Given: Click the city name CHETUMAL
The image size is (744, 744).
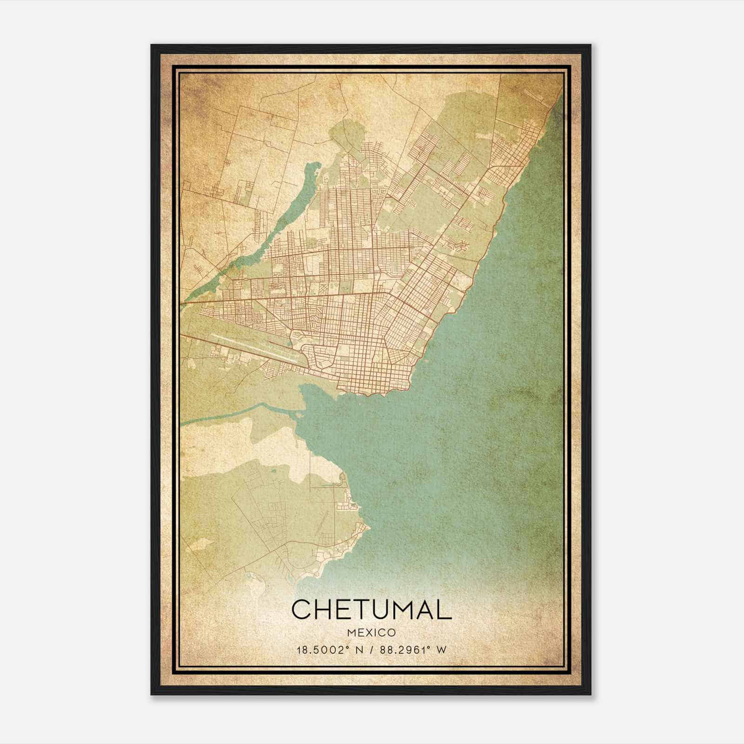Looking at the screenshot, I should [x=371, y=609].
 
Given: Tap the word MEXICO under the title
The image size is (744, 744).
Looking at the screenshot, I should [x=371, y=632].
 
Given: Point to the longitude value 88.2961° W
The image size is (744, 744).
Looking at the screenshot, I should [x=413, y=650].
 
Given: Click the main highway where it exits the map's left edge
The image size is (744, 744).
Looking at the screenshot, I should [x=182, y=304].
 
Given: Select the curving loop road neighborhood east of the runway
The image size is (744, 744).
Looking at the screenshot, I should [x=316, y=358].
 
